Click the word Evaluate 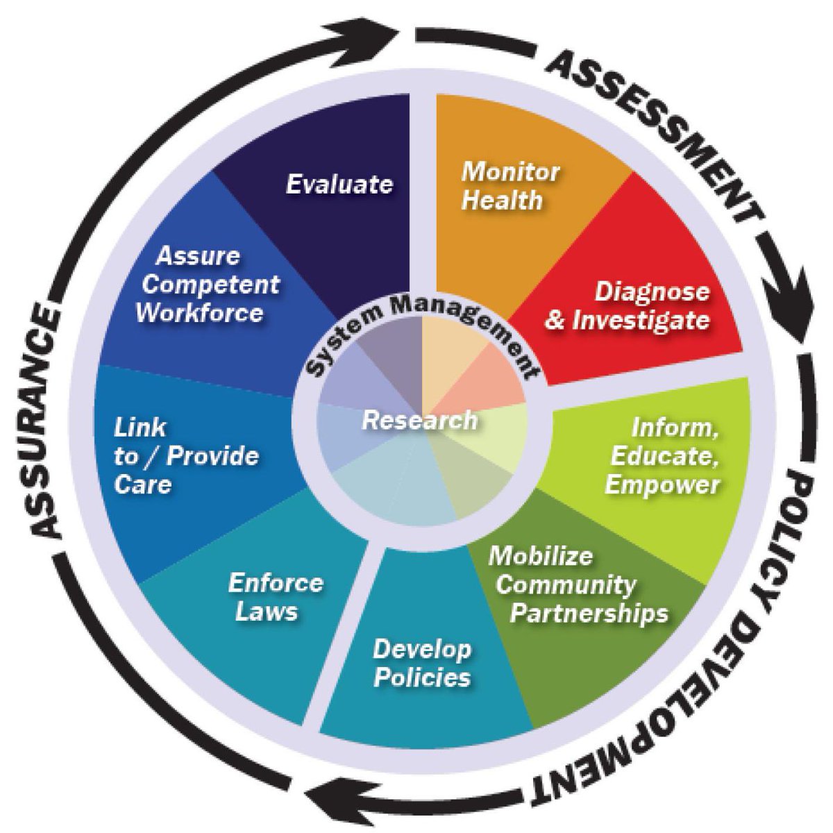click(339, 185)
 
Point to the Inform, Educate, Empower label click(663, 456)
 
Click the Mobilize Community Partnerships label click(577, 585)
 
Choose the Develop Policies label click(422, 663)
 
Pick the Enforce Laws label click(276, 596)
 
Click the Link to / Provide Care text click(185, 456)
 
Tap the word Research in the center click(420, 420)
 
